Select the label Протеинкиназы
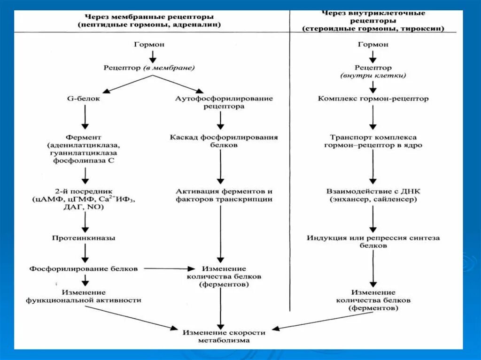tap(84, 238)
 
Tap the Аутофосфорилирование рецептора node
tap(224, 102)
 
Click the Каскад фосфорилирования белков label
tap(224, 141)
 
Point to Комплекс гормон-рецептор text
tap(373, 99)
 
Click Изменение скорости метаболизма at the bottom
tap(224, 336)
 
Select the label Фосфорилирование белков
tap(84, 269)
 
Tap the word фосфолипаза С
tap(85, 161)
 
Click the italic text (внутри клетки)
tap(373, 76)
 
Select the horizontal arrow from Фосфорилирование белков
tap(169, 269)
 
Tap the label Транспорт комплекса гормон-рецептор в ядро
tap(373, 141)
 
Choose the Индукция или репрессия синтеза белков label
tap(373, 242)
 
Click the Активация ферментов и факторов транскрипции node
tap(224, 195)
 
